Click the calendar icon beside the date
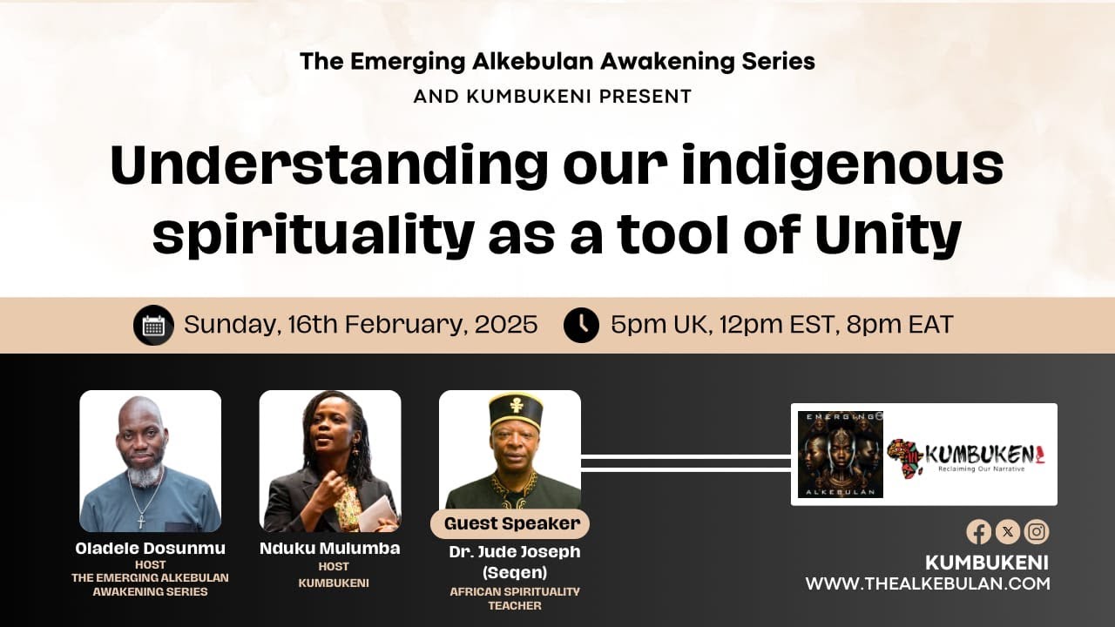click(153, 326)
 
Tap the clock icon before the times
click(581, 326)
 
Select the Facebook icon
click(978, 531)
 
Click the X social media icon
click(1007, 531)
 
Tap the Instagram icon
click(1037, 531)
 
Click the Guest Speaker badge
click(510, 523)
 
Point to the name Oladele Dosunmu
click(150, 549)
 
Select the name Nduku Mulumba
click(329, 549)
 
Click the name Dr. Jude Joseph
click(514, 552)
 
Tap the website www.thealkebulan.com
click(927, 583)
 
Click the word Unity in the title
click(888, 234)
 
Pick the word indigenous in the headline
click(842, 165)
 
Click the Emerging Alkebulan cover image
click(840, 455)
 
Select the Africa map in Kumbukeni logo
click(905, 458)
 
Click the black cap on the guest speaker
click(515, 409)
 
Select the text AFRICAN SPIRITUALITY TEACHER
click(514, 598)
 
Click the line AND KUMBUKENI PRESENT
click(552, 97)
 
